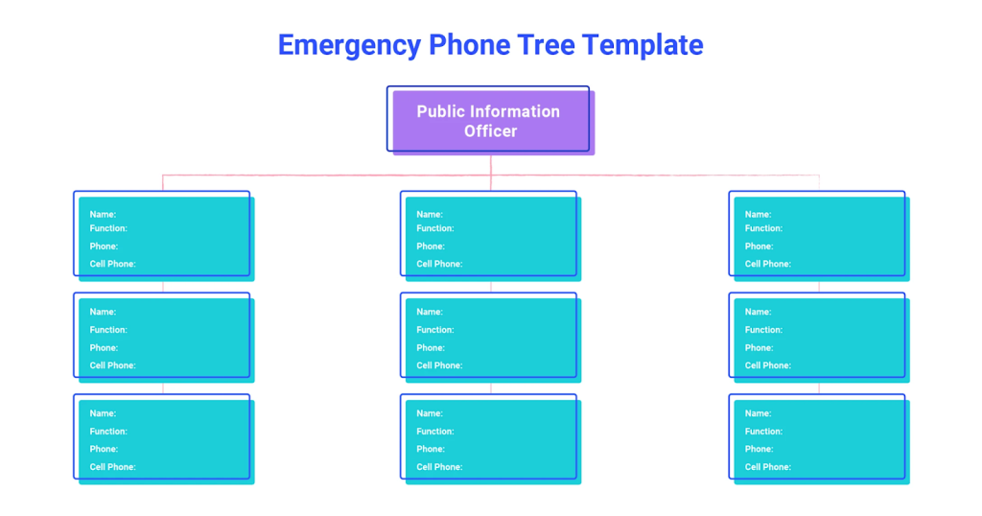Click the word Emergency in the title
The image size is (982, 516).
point(349,45)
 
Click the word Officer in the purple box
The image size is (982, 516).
point(491,131)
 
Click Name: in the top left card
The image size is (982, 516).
point(103,214)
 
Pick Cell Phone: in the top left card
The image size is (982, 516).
point(112,264)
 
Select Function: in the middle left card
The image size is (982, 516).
point(108,330)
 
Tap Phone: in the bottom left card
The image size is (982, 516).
point(104,449)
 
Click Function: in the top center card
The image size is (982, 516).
point(435,228)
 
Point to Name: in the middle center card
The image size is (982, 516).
point(430,312)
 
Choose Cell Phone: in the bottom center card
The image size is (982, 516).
point(439,467)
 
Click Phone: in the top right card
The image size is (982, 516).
point(759,246)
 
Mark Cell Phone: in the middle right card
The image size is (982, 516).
point(768,365)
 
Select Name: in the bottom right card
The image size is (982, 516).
point(759,413)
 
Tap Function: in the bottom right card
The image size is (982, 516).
point(764,432)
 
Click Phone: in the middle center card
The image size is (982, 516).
point(431,348)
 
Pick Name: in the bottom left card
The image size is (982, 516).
point(103,413)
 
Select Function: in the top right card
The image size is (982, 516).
point(763,228)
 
